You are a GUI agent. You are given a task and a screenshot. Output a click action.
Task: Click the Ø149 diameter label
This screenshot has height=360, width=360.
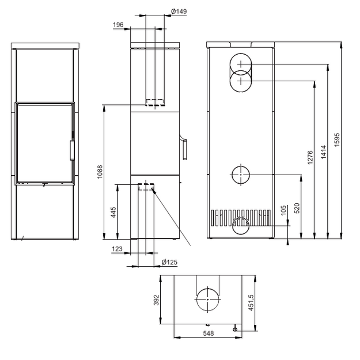[179, 12]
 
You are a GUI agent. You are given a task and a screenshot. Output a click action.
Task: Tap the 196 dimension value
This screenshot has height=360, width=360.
[118, 25]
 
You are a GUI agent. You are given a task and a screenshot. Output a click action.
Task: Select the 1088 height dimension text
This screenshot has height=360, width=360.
[100, 172]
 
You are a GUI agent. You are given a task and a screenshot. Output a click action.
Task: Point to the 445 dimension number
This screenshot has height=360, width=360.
[113, 213]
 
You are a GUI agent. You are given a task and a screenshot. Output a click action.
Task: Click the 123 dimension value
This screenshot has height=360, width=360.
[117, 249]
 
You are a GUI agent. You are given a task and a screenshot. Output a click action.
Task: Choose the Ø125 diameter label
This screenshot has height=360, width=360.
[169, 262]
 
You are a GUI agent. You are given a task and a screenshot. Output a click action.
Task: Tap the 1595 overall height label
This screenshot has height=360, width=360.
[336, 139]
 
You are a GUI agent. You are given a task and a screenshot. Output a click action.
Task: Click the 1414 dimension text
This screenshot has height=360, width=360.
[324, 152]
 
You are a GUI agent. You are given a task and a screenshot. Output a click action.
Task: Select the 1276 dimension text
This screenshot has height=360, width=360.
[310, 157]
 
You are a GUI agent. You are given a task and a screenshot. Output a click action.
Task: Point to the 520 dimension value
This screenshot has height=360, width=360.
[297, 209]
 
